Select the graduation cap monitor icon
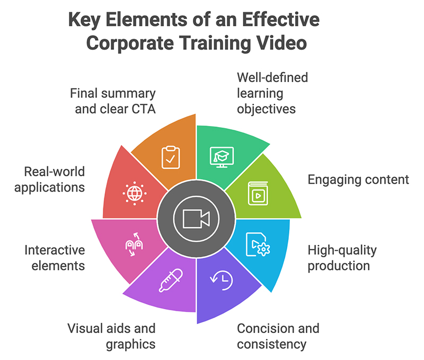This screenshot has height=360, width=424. [x=222, y=156]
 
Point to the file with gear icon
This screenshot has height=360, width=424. [x=258, y=245]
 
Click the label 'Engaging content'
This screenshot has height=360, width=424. [x=358, y=179]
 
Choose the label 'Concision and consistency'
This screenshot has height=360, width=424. [x=278, y=336]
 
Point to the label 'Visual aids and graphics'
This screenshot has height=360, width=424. [x=111, y=336]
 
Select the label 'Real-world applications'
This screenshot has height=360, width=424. [x=54, y=179]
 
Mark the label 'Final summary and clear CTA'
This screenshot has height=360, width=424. [x=113, y=102]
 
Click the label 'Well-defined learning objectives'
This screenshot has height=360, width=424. [x=272, y=93]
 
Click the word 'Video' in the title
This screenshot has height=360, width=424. [x=281, y=42]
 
